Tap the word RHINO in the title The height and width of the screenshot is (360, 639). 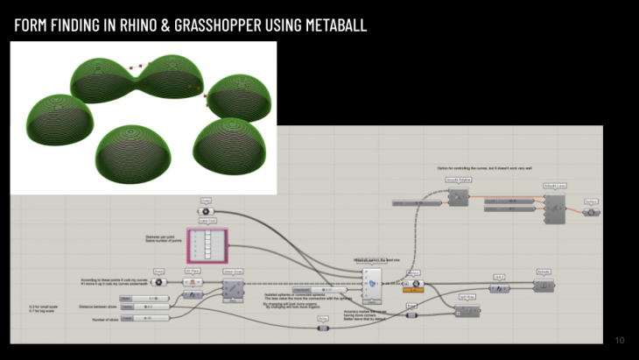pyautogui.click(x=135, y=26)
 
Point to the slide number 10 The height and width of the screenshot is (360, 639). pyautogui.click(x=620, y=341)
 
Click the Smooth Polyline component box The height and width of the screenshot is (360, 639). pyautogui.click(x=459, y=197)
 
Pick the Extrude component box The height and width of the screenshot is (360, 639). pyautogui.click(x=544, y=285)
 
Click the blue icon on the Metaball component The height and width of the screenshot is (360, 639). pyautogui.click(x=374, y=283)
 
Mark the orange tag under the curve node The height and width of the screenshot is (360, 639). pyautogui.click(x=414, y=291)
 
